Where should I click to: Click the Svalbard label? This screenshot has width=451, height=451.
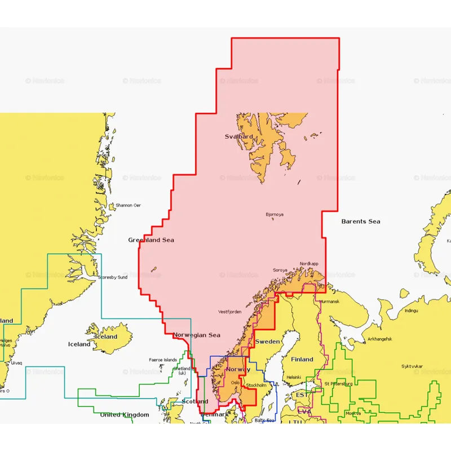[239, 136]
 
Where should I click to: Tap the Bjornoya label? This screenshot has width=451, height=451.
[275, 214]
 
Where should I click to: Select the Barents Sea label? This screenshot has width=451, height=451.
[361, 222]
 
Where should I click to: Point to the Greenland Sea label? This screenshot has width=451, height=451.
[151, 240]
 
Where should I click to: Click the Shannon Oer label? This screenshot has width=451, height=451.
[128, 205]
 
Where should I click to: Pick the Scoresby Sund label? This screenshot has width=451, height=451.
[113, 277]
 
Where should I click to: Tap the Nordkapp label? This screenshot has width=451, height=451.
[309, 264]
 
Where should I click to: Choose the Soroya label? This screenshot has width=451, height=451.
[280, 270]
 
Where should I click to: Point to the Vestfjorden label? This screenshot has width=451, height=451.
[230, 312]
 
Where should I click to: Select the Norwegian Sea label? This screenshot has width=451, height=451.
[196, 335]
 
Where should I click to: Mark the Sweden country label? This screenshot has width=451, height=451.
[267, 342]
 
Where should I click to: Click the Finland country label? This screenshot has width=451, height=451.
[302, 359]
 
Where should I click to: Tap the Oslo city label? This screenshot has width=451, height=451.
[235, 382]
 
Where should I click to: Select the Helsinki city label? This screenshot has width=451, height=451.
[294, 377]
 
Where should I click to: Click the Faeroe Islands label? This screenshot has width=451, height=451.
[163, 360]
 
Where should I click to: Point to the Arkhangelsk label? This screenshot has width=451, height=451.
[379, 339]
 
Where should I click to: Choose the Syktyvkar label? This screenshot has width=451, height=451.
[413, 366]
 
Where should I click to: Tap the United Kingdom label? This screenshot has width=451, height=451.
[125, 415]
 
